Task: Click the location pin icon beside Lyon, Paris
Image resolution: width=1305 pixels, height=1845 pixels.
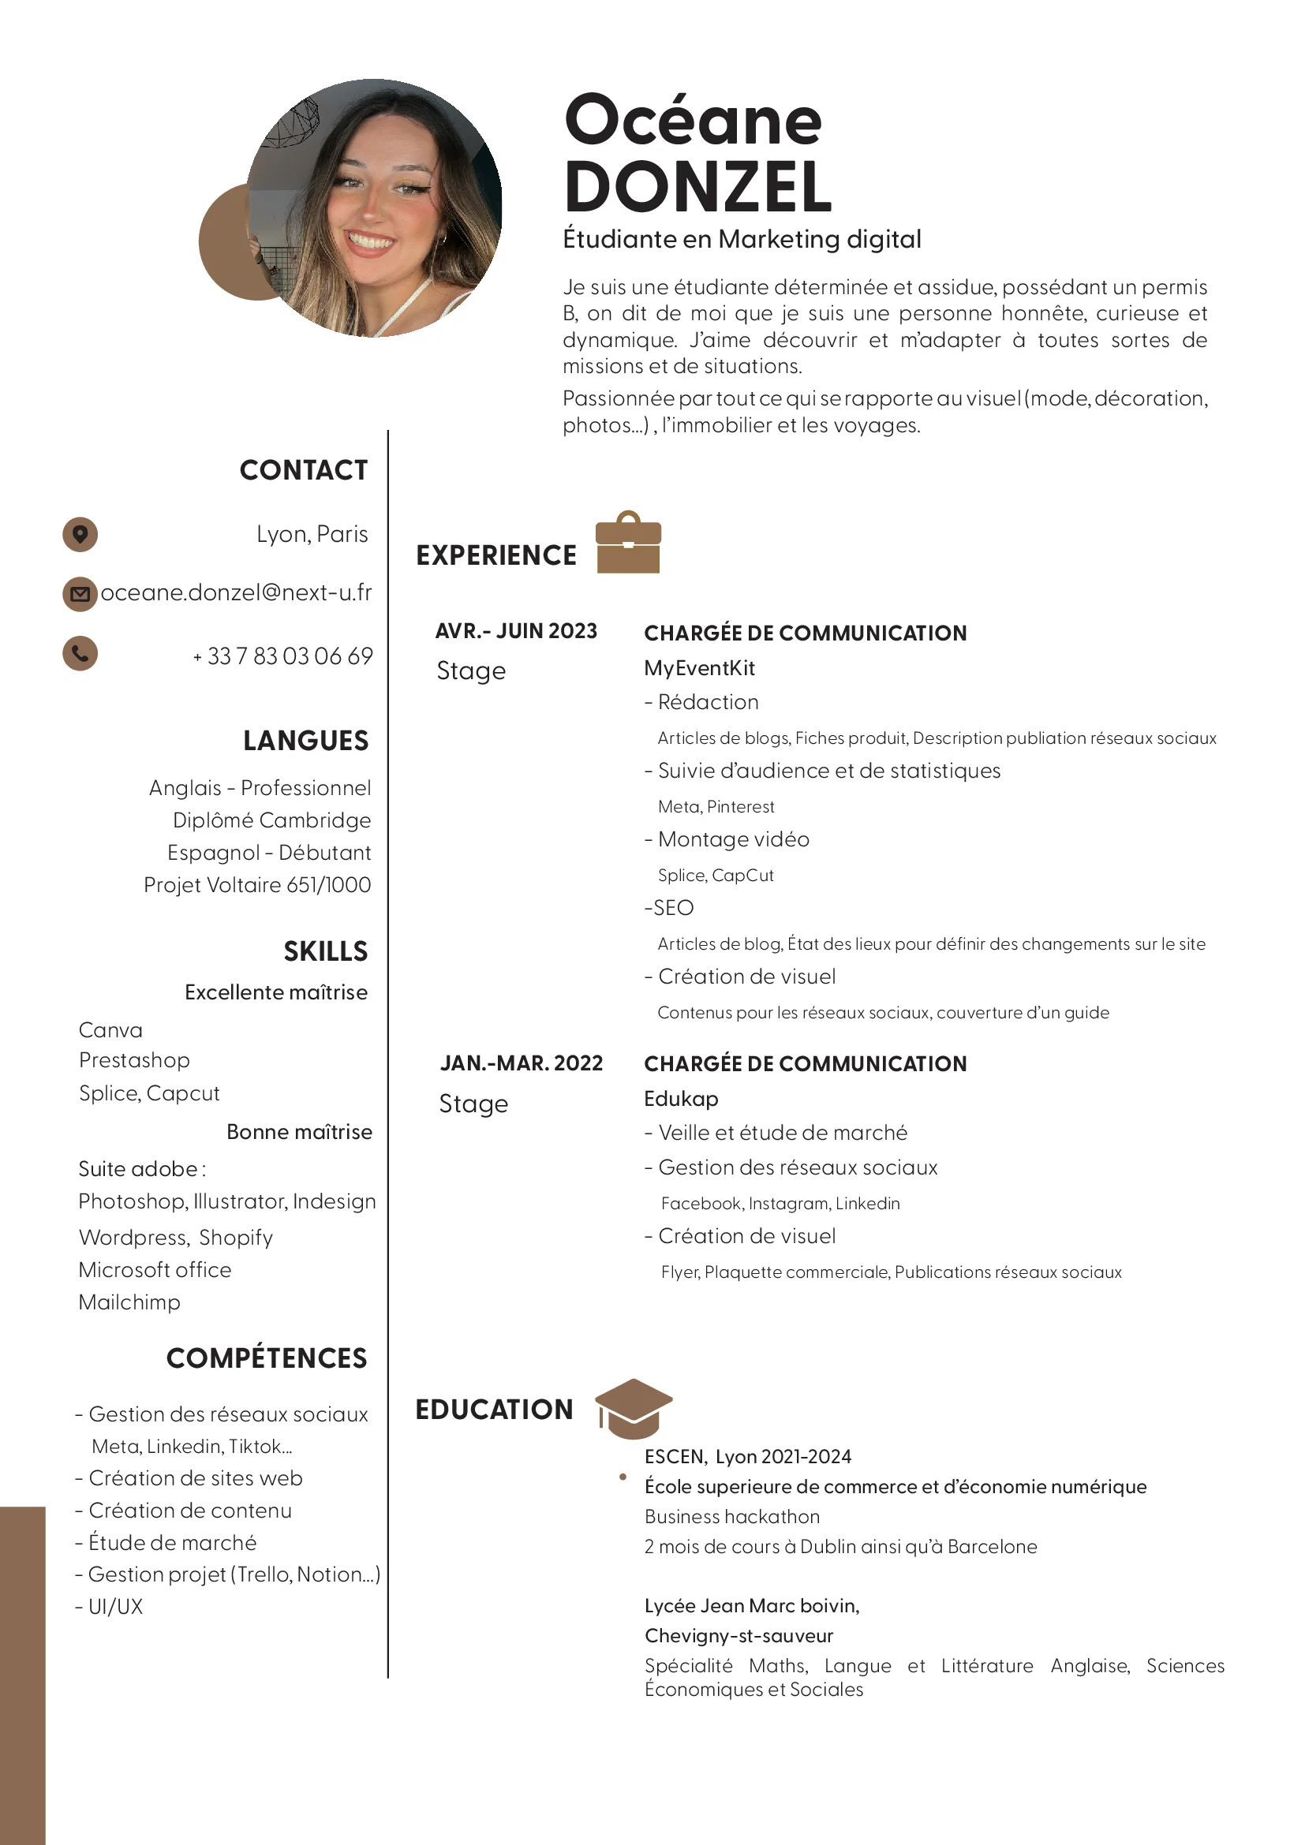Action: tap(80, 534)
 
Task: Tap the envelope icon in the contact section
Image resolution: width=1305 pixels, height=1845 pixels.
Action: tap(80, 595)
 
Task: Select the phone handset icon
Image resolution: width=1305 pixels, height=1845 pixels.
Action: tap(80, 653)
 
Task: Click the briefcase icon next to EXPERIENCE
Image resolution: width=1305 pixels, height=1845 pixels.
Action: tap(627, 543)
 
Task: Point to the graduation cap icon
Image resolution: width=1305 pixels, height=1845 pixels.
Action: tap(634, 1409)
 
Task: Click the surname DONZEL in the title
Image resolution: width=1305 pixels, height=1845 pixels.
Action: tap(697, 187)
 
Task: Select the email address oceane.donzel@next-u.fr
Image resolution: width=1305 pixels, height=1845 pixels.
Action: tap(236, 593)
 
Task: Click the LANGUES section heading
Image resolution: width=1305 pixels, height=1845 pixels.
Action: tap(305, 741)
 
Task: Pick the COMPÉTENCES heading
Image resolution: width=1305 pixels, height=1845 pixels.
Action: tap(267, 1358)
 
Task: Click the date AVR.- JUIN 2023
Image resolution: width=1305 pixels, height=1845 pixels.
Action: tap(516, 631)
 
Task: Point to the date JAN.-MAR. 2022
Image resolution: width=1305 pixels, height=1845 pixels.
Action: tap(521, 1063)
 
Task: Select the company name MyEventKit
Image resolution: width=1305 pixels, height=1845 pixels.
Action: tap(699, 668)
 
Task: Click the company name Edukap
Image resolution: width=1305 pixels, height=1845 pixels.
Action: tap(681, 1099)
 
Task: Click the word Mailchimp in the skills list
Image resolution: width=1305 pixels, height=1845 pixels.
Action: tap(129, 1302)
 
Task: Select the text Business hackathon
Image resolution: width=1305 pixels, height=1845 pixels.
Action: tap(732, 1516)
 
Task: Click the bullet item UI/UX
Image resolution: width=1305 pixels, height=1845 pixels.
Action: tap(115, 1606)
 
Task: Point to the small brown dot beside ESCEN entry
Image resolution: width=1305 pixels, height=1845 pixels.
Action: tap(623, 1477)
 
